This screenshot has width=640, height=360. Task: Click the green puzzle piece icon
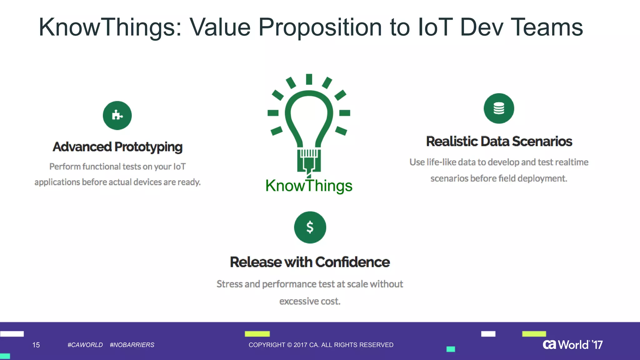click(x=117, y=115)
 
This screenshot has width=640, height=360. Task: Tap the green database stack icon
click(x=499, y=108)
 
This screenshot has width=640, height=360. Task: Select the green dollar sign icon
click(x=310, y=227)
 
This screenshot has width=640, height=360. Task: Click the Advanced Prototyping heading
click(x=117, y=147)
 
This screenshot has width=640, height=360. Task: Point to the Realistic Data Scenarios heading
click(x=499, y=141)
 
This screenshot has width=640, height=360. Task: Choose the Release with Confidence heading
click(x=310, y=262)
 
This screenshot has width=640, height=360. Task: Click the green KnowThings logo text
click(x=309, y=186)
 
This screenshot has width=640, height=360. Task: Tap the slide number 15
click(x=36, y=345)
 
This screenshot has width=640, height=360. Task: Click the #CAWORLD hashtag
click(x=85, y=345)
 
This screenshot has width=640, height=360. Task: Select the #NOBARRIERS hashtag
click(x=132, y=345)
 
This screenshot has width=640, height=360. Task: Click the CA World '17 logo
click(x=572, y=344)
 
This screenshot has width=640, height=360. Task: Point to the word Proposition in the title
click(x=320, y=27)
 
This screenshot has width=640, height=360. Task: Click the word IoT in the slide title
click(x=435, y=27)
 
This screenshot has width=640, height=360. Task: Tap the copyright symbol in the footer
click(x=289, y=345)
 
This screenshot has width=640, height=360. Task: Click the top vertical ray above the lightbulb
click(x=309, y=79)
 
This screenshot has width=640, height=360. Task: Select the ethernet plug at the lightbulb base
click(x=309, y=161)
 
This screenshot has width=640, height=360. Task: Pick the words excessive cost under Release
click(x=310, y=301)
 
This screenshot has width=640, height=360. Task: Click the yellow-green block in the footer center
click(x=257, y=334)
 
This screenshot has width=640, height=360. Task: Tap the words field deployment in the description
click(x=532, y=178)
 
